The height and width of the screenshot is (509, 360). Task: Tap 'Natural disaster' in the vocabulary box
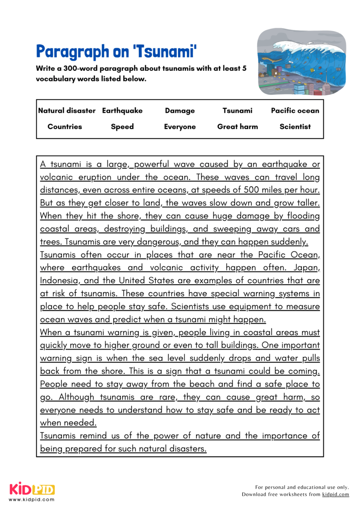[x=67, y=111]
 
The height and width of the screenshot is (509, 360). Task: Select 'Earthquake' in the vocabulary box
[x=122, y=111]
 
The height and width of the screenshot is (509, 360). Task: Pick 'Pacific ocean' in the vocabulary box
[x=295, y=111]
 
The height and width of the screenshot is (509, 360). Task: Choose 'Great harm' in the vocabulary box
[x=237, y=126]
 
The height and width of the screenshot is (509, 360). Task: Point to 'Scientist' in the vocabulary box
[x=295, y=126]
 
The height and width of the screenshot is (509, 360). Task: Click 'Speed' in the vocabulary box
[x=122, y=126]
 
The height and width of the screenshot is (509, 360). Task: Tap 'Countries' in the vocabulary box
[x=65, y=126]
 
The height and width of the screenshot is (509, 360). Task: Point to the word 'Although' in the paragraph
[x=76, y=397]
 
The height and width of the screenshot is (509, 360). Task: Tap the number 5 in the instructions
[x=244, y=68]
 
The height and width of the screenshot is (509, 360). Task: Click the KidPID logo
[x=32, y=489]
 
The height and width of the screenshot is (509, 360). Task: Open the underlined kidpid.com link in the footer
[x=335, y=494]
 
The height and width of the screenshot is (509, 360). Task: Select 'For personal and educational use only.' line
[x=302, y=487]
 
